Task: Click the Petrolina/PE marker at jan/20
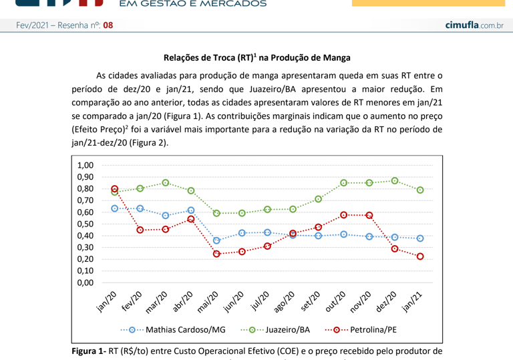[115, 189]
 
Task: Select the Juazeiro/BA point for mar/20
[166, 182]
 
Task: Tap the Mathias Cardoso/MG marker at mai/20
[216, 240]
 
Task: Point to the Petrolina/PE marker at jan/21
[420, 256]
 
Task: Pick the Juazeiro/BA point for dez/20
[395, 180]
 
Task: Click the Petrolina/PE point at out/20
[344, 214]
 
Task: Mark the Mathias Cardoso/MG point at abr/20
[191, 210]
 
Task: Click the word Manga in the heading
[337, 58]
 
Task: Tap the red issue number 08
[108, 25]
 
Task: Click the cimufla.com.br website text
[474, 25]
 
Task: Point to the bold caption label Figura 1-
[88, 351]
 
